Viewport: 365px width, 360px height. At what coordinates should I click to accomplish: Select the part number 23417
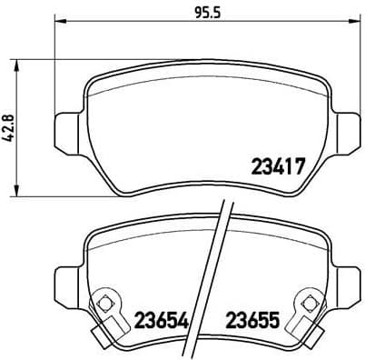pyautogui.click(x=275, y=166)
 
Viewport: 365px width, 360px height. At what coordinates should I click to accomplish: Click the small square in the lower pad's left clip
pyautogui.click(x=105, y=303)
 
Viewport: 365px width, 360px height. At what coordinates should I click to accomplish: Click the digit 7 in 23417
pyautogui.click(x=296, y=166)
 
